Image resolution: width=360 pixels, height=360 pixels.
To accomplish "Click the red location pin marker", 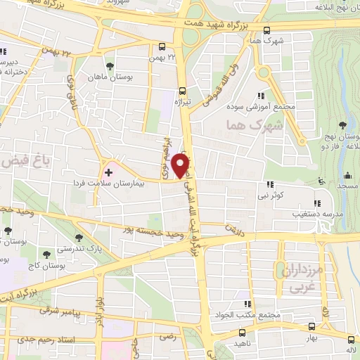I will coord(181,166).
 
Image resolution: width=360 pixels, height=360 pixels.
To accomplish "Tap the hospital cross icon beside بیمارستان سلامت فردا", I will coord(108,171).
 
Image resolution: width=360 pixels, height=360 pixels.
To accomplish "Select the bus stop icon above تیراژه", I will coord(182,91).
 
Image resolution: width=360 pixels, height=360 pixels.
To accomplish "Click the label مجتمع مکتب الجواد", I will coord(256,316).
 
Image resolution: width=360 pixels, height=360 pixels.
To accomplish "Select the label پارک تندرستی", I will coord(98,249).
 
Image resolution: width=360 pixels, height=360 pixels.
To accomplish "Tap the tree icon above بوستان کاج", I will coord(46,255).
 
